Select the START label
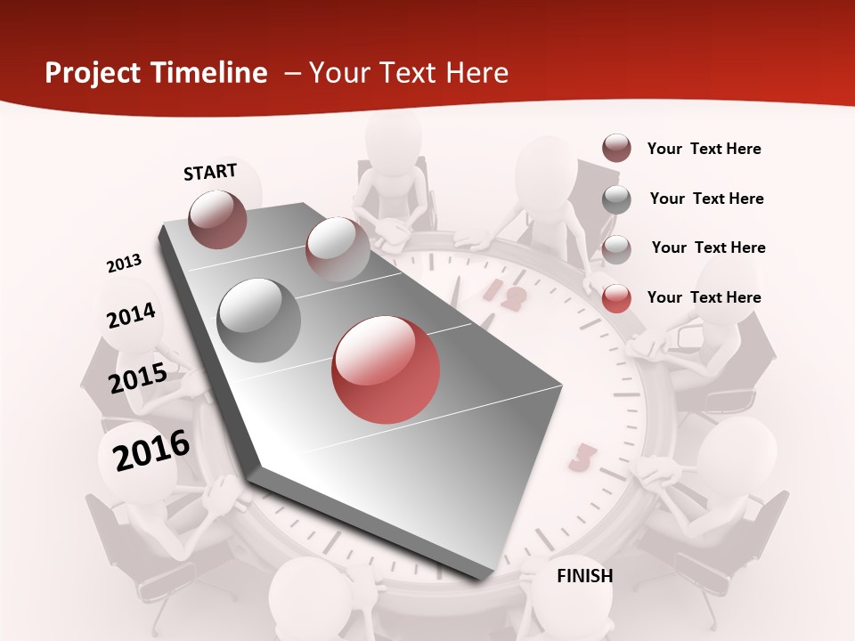210,172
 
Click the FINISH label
585,576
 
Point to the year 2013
124,264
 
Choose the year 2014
131,315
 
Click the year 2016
151,450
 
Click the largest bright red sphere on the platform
386,369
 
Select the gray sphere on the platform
259,320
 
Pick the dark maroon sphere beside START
217,219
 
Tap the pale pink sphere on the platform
338,249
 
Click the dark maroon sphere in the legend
616,149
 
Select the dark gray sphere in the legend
616,199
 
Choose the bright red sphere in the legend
616,298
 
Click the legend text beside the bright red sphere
704,297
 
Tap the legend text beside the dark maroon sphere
704,149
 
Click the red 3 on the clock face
582,458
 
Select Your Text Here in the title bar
409,73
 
